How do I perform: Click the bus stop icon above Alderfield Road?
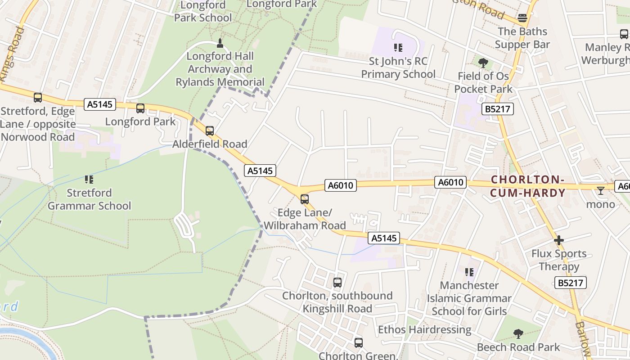(x=210, y=131)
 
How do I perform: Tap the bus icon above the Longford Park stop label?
(x=140, y=108)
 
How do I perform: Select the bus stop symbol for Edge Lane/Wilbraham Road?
(x=305, y=199)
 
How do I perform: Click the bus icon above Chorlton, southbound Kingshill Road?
(x=337, y=283)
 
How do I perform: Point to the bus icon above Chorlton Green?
(x=358, y=342)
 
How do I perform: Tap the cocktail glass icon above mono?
(x=600, y=191)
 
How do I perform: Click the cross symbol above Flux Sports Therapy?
(x=559, y=240)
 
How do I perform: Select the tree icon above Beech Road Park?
(x=518, y=334)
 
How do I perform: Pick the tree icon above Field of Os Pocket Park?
(x=483, y=63)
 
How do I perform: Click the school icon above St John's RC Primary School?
(x=398, y=47)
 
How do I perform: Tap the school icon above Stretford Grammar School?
(x=89, y=180)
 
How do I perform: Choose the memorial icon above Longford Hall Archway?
(x=220, y=43)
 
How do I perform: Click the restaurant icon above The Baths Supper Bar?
(x=522, y=18)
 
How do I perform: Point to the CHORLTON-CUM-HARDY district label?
(x=528, y=186)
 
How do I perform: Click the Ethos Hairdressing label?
(x=424, y=329)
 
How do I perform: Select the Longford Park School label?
(x=203, y=11)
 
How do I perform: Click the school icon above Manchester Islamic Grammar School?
(x=469, y=272)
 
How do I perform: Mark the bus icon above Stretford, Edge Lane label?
(x=38, y=97)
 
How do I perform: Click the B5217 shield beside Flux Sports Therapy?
(x=570, y=283)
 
